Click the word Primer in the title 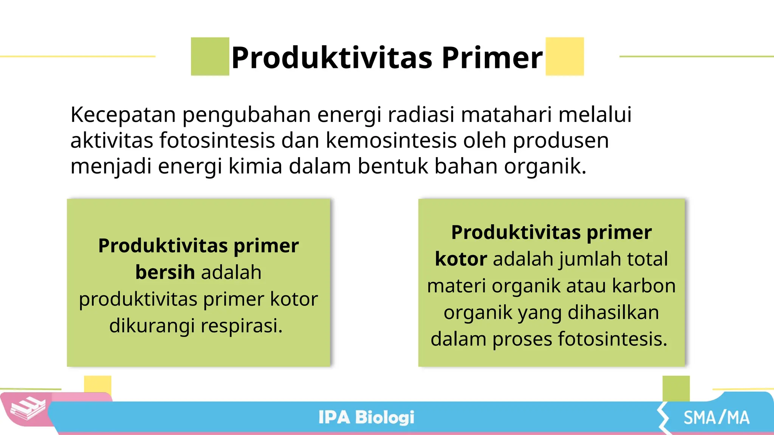pyautogui.click(x=492, y=58)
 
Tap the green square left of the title pyautogui.click(x=210, y=57)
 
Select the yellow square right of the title pyautogui.click(x=565, y=57)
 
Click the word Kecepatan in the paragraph pyautogui.click(x=123, y=115)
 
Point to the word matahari pyautogui.click(x=506, y=115)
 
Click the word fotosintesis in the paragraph pyautogui.click(x=217, y=140)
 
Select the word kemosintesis pyautogui.click(x=391, y=140)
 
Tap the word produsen pyautogui.click(x=560, y=141)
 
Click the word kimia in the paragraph pyautogui.click(x=255, y=166)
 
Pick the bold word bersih pyautogui.click(x=165, y=272)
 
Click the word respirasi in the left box pyautogui.click(x=241, y=326)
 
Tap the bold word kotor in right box pyautogui.click(x=461, y=259)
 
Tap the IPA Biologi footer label pyautogui.click(x=366, y=418)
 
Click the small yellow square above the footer pyautogui.click(x=98, y=384)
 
